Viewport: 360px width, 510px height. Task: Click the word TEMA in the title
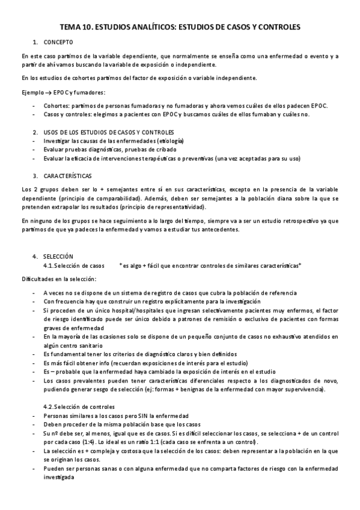(71, 27)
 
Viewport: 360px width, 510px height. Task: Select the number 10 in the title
(88, 27)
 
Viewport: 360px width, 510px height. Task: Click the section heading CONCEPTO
(58, 42)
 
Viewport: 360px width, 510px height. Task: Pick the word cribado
(172, 149)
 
